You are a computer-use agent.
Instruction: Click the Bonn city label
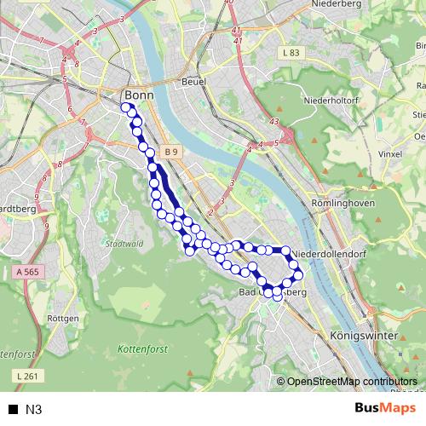click(x=137, y=95)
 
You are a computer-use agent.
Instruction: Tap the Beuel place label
click(x=194, y=82)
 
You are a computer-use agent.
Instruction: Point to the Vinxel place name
click(x=389, y=155)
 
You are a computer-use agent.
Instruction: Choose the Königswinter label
click(x=362, y=337)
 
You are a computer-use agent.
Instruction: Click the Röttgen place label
click(x=65, y=318)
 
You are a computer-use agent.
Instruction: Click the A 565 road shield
click(x=29, y=271)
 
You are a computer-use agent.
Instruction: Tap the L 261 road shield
click(x=27, y=375)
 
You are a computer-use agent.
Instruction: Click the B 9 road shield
click(x=172, y=152)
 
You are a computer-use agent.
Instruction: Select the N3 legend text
click(x=34, y=409)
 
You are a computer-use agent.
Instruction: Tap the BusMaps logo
click(x=385, y=408)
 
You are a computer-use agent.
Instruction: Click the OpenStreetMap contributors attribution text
click(x=352, y=382)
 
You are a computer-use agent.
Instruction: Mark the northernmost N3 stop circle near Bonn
click(x=126, y=108)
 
